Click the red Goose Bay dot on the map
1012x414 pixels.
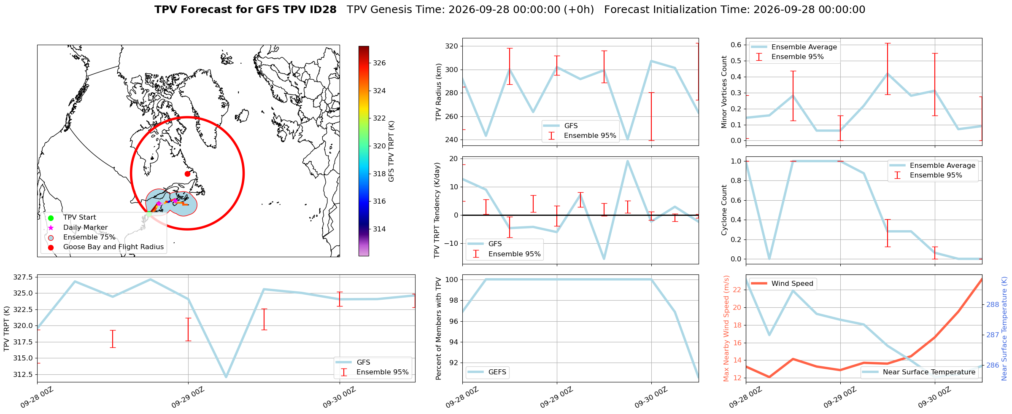[187, 174]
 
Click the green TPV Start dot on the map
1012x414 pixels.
[149, 214]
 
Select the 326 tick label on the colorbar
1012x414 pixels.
[379, 63]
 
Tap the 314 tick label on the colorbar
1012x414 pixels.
[379, 229]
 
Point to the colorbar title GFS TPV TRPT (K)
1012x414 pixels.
[391, 151]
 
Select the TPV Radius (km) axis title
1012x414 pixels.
[439, 92]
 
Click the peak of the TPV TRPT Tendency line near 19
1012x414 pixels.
[628, 161]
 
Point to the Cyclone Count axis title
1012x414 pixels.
[724, 210]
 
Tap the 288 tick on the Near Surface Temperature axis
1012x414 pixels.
[993, 304]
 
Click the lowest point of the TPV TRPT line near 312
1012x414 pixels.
[226, 377]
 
